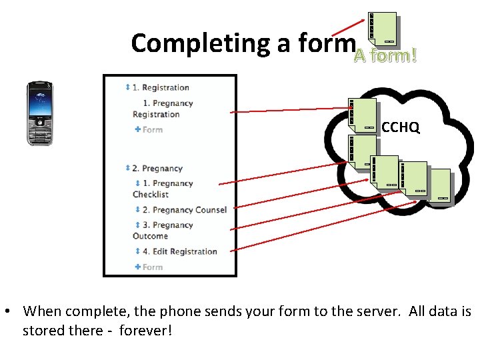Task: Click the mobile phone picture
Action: tap(39, 113)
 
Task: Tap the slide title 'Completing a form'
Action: tap(242, 43)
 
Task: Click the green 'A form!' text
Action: tap(385, 56)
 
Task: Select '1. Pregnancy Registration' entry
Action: tap(163, 109)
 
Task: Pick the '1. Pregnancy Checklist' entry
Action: tap(163, 189)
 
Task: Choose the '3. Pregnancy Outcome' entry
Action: tap(163, 231)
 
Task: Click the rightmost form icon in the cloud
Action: tap(439, 185)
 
